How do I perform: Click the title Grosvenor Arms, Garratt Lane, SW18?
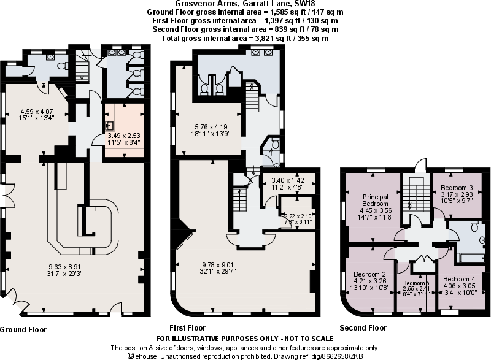[x=244, y=4]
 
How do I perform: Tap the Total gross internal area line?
[x=244, y=38]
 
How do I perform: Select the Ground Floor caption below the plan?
[x=23, y=329]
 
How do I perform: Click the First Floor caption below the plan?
[x=187, y=327]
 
